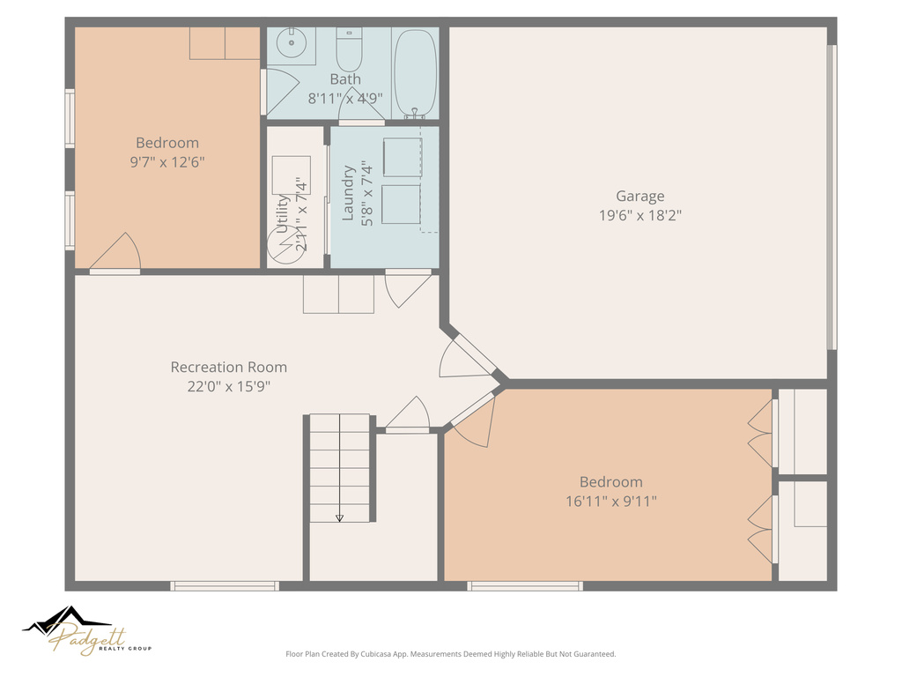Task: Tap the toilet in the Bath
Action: [x=350, y=51]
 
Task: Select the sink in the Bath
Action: [x=290, y=43]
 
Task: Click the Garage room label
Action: [x=640, y=196]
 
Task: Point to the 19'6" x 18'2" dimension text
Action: [x=640, y=214]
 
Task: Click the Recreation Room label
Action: [x=228, y=367]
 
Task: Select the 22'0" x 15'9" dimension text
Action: [x=228, y=385]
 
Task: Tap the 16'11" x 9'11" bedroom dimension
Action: [x=610, y=501]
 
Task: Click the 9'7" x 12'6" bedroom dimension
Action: [x=167, y=161]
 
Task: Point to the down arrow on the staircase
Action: [x=340, y=517]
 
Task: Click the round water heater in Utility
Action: [x=284, y=246]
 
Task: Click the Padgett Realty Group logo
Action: [x=87, y=631]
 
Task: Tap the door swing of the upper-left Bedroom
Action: [x=119, y=253]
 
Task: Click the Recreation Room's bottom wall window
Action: [x=225, y=585]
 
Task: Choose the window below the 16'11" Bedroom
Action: [x=525, y=585]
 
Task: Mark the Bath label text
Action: [x=345, y=79]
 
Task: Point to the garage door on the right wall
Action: [x=831, y=197]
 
